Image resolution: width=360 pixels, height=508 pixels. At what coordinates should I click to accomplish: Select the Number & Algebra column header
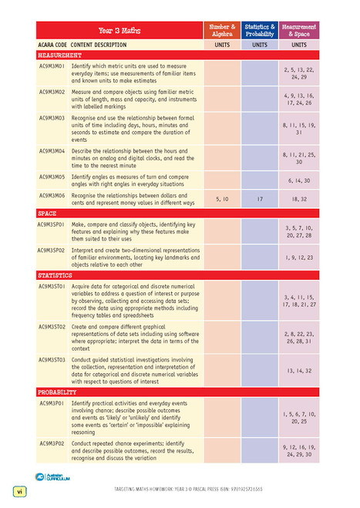tap(221, 30)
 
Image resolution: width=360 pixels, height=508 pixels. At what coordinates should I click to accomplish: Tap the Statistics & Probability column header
tap(261, 30)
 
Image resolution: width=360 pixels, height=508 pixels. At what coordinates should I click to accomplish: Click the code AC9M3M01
tap(52, 66)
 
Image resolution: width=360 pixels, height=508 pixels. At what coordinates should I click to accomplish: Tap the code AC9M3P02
tap(52, 443)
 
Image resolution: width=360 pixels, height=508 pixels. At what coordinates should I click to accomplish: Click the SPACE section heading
tap(47, 213)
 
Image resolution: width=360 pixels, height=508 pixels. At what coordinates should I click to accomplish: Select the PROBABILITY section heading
tap(59, 392)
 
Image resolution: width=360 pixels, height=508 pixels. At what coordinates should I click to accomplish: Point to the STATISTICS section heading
tap(56, 274)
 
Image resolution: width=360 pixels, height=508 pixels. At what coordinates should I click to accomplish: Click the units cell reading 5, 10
tap(221, 199)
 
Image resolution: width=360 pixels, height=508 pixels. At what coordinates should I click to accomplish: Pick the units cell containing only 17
tap(261, 199)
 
